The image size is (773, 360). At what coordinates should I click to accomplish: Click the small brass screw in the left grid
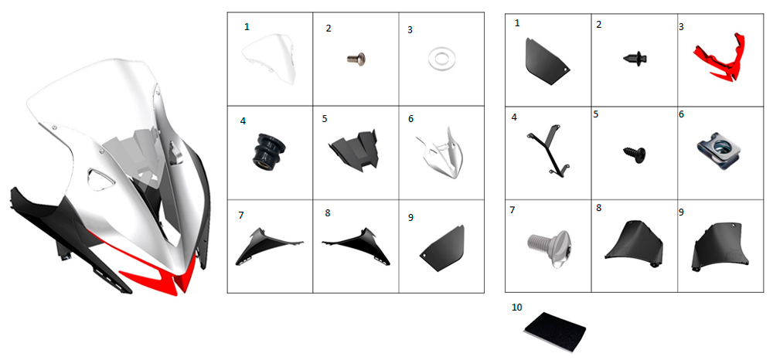point(355,59)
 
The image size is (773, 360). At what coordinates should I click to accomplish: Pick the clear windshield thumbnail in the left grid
point(270,58)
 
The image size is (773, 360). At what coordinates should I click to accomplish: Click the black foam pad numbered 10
point(554,329)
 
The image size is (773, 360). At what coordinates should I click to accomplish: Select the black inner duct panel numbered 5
point(354,150)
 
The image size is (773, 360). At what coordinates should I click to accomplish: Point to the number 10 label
point(517,307)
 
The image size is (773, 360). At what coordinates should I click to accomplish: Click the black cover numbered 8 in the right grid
point(635,243)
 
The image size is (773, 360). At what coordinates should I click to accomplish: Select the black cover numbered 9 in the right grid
point(720,246)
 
